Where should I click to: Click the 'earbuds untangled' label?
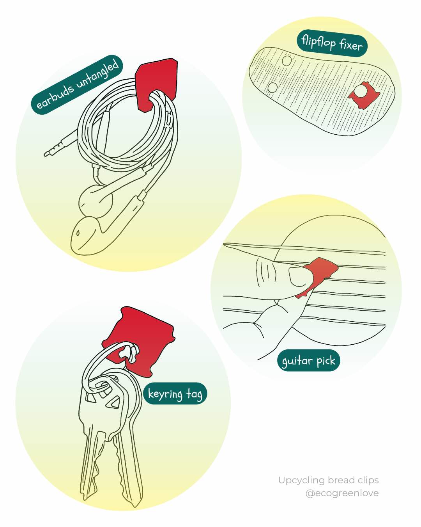tap(77, 84)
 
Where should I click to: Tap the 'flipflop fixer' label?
tap(332, 43)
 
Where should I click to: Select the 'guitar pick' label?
tap(308, 361)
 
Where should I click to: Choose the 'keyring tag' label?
tap(175, 393)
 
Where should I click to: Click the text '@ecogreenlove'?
tap(342, 493)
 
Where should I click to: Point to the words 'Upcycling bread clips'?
tap(328, 480)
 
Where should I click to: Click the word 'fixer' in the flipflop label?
tap(350, 45)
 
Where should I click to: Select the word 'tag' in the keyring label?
tap(194, 394)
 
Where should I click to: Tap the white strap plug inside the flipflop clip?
tap(361, 91)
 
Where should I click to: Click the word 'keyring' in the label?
tap(165, 394)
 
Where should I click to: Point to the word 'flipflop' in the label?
tap(318, 41)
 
